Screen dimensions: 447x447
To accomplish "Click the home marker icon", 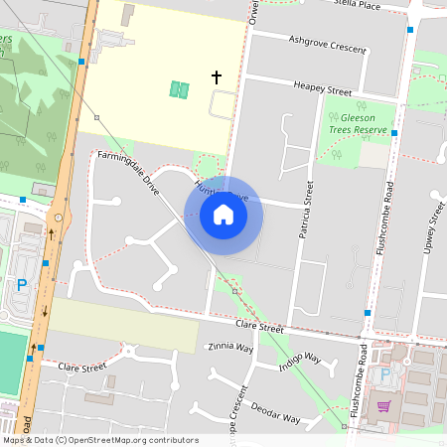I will click(223, 215).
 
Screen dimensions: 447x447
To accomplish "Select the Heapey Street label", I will click(324, 87).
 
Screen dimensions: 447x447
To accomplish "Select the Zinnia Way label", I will click(230, 348).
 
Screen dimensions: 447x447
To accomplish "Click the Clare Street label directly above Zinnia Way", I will click(259, 327).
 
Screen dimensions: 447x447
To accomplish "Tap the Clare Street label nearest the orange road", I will click(81, 367).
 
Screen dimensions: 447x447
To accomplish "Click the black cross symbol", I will click(217, 76).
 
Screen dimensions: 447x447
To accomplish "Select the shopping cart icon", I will click(383, 406).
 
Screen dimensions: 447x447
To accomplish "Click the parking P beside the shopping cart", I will click(384, 375).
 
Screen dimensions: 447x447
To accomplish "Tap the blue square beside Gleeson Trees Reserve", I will click(394, 132).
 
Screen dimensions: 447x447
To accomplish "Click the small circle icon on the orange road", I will click(59, 217).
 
